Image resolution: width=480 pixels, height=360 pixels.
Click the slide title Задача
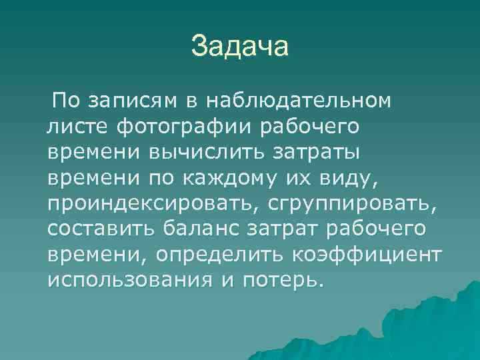click(239, 47)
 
